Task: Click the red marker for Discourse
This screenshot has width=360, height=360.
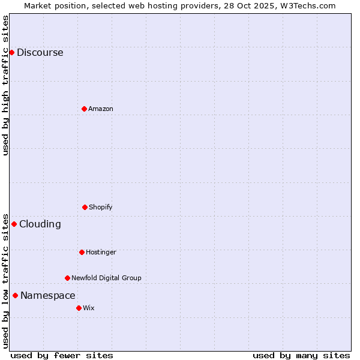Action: point(11,52)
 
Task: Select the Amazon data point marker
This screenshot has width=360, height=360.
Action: point(84,109)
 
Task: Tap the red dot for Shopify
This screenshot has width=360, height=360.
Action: point(85,207)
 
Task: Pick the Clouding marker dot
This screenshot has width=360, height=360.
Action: point(14,224)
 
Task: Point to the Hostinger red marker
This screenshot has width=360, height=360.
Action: point(82,252)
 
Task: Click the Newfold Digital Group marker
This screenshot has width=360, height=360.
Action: point(67,278)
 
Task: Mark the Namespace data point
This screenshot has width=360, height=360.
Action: point(15,295)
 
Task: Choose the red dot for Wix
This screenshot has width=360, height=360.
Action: point(79,308)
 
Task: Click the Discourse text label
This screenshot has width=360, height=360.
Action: point(40,52)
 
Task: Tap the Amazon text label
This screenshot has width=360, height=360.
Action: point(101,109)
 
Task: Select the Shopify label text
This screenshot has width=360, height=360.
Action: point(101,207)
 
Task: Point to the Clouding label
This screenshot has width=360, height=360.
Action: point(40,224)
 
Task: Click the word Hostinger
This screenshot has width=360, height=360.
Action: point(101,252)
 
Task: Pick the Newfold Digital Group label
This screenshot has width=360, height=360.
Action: point(106,278)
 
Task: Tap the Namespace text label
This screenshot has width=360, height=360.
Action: point(47,295)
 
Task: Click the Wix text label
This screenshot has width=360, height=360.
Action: point(89,308)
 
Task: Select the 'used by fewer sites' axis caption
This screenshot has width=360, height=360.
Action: point(61,355)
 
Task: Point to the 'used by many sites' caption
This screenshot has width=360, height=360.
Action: point(301,355)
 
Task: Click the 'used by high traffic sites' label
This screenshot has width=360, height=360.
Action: point(5,85)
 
